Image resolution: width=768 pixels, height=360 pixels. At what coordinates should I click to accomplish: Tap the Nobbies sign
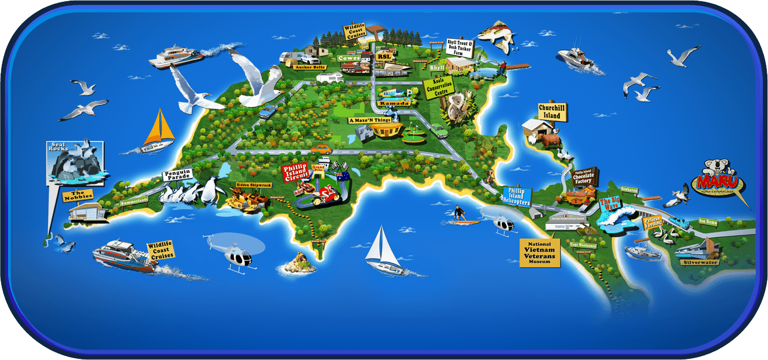77,196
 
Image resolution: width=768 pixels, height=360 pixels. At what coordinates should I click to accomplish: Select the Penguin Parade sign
177,174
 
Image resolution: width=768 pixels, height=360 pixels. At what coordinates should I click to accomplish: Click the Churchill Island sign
552,112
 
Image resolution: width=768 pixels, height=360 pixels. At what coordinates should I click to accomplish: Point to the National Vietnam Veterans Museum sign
540,252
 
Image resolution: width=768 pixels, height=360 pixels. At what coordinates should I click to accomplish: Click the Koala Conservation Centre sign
439,88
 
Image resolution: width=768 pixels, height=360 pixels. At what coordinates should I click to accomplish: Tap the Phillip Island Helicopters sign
516,196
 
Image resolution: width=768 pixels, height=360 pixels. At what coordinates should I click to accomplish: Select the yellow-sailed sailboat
158,132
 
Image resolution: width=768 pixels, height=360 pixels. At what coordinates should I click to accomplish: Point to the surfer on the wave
459,213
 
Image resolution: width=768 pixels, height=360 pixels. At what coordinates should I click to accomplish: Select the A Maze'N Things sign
370,121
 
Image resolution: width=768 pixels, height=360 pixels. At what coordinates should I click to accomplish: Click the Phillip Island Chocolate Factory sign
584,177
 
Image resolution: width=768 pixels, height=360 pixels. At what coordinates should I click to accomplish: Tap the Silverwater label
701,262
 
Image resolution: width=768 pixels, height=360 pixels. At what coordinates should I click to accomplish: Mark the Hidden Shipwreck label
253,185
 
